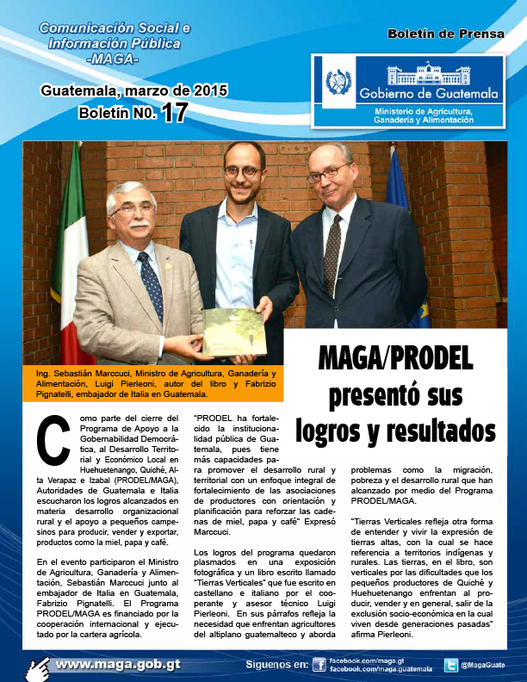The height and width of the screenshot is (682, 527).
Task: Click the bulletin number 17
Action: (x=173, y=113)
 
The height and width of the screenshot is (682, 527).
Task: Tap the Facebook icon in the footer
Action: (x=319, y=665)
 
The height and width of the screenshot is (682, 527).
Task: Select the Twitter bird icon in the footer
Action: (x=450, y=665)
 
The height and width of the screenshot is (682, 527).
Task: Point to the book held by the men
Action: (x=232, y=332)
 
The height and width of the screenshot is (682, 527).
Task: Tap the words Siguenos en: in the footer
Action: (x=276, y=665)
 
